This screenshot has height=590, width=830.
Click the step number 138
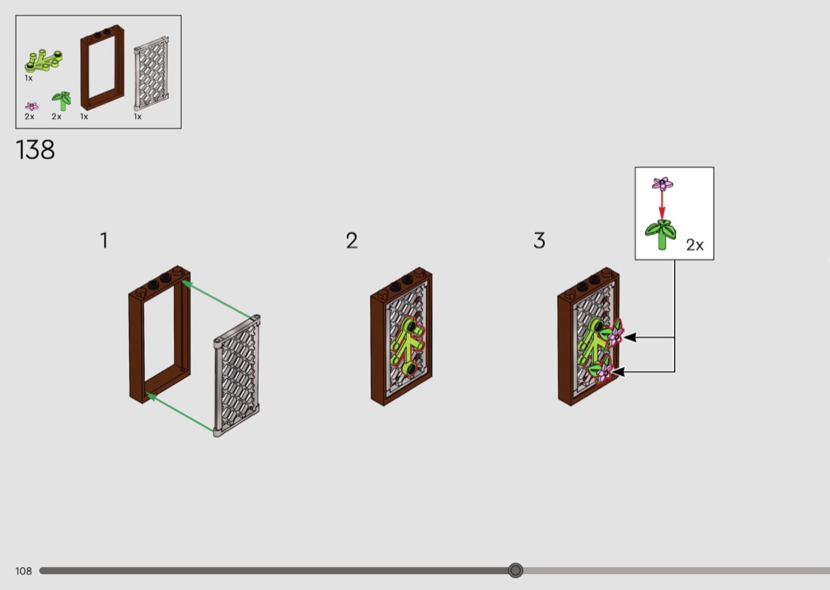[36, 150]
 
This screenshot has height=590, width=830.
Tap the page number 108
[23, 571]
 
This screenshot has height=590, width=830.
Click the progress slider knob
[515, 570]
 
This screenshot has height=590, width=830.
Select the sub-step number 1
[104, 240]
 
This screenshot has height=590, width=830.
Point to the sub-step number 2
[352, 240]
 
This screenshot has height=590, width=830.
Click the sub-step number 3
[539, 240]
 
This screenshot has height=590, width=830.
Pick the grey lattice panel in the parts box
[152, 73]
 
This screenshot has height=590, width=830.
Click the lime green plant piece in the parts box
[43, 61]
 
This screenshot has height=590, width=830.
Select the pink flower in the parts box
[32, 107]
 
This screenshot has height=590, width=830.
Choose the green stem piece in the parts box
[62, 100]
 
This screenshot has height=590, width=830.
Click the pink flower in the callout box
[662, 183]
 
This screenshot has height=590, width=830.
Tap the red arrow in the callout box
[662, 204]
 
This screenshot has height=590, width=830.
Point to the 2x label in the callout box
[695, 244]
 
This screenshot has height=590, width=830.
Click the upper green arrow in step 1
[217, 301]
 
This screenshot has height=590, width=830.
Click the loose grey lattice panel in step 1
[237, 376]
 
